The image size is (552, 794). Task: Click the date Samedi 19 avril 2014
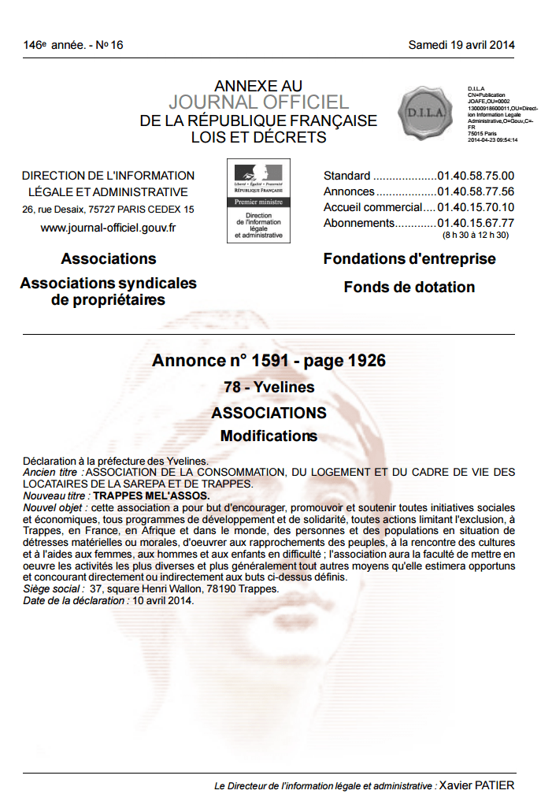coord(461,45)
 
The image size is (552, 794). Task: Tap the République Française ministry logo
coord(257,200)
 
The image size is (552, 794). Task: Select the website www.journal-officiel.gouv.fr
coord(108,228)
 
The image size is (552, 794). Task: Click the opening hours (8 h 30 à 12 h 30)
coord(476,235)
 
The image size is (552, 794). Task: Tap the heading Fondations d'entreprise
coord(409,259)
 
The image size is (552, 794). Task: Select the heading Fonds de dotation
coord(409,288)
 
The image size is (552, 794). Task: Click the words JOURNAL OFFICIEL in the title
coord(258,102)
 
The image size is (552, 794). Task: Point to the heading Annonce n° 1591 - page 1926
coord(269,361)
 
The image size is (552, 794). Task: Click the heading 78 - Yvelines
coord(269,387)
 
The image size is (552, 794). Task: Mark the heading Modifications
coord(269,436)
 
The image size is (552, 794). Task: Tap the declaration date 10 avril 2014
coord(162,600)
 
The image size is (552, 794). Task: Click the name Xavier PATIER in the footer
coord(476,785)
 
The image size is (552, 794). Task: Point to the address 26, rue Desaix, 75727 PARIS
coord(108,210)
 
